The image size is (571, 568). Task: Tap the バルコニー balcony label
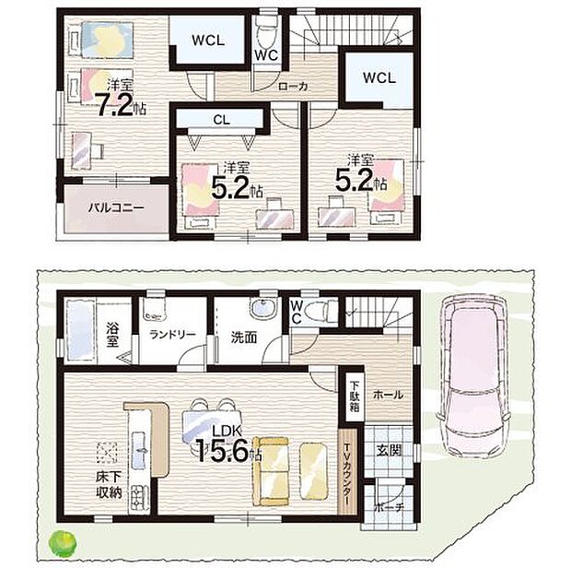click(116, 208)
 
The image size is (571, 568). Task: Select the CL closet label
click(221, 118)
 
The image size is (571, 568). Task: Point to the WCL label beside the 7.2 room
click(209, 41)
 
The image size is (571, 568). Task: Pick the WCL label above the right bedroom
click(379, 78)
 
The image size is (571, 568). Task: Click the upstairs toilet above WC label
click(266, 34)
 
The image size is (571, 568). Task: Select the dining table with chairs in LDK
click(211, 420)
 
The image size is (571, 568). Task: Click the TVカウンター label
click(346, 471)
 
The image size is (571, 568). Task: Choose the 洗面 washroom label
click(243, 336)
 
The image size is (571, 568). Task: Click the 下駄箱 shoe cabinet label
click(354, 393)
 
